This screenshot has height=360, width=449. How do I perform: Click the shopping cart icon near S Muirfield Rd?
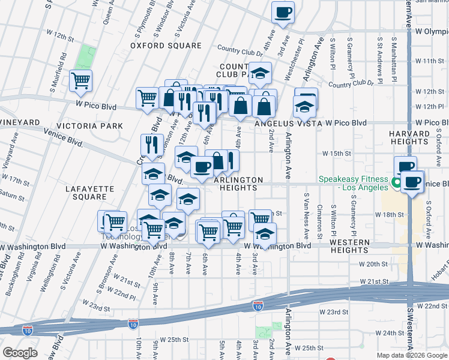click(x=80, y=80)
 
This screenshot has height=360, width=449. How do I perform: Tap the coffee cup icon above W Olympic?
click(x=283, y=11)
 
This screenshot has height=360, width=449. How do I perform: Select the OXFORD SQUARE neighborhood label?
click(x=166, y=46)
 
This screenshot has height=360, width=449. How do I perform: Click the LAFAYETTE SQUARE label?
click(x=89, y=193)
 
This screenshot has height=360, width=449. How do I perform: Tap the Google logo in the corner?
click(x=20, y=353)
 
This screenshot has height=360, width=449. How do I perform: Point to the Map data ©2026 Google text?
click(x=412, y=355)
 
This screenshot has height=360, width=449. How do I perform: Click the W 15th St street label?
click(x=336, y=154)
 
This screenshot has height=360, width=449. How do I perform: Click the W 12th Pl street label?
click(x=429, y=106)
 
